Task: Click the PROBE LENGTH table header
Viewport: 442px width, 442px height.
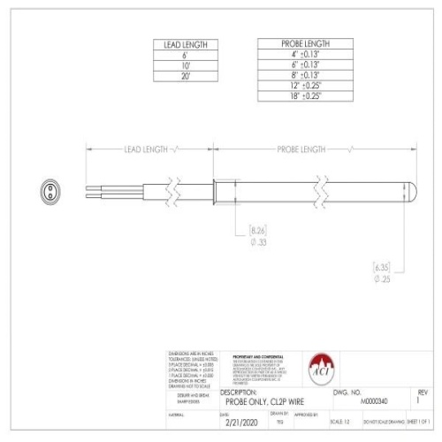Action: point(305,43)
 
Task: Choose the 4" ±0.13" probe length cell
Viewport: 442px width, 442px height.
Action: point(305,54)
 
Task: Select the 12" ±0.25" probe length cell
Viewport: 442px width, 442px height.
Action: point(305,86)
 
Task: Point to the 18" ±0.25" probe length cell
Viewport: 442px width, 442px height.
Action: point(305,96)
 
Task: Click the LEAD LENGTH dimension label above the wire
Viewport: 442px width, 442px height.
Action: point(147,149)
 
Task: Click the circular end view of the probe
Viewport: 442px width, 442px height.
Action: point(50,190)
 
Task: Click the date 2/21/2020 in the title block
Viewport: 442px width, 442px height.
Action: point(240,423)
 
